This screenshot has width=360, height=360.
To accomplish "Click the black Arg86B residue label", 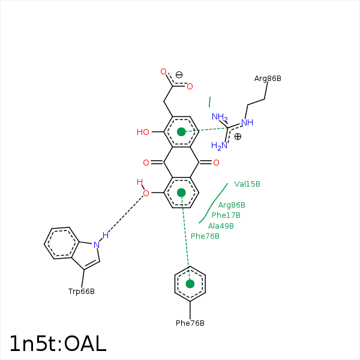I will (268, 79).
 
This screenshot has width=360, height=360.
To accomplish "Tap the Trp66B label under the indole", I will (82, 292).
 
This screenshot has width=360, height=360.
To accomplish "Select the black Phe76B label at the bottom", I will (190, 323).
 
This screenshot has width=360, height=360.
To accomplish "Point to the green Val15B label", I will (247, 184).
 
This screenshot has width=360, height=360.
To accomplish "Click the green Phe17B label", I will (226, 215).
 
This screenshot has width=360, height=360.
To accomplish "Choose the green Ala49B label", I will (221, 226).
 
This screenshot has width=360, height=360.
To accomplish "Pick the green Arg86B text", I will (232, 205).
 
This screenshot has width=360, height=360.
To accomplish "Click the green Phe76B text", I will (205, 236).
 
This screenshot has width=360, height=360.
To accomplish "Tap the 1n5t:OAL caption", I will (58, 344).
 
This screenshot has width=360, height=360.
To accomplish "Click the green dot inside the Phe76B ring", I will (190, 284).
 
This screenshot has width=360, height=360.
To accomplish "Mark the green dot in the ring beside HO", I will (181, 132).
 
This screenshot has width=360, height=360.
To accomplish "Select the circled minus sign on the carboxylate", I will (179, 75).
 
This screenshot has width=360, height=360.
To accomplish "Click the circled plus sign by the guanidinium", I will (238, 137).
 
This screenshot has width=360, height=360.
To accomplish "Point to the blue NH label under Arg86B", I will (247, 122).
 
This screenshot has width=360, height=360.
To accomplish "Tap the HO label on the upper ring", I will (143, 132).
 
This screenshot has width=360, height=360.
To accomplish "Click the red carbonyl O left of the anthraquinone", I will (146, 163).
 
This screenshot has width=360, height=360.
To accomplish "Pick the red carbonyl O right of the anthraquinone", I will (216, 163).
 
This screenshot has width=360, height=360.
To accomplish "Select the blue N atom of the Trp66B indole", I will (96, 245).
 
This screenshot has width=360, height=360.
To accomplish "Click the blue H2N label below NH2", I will (220, 146).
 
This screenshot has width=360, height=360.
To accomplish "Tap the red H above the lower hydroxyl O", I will (140, 182).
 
